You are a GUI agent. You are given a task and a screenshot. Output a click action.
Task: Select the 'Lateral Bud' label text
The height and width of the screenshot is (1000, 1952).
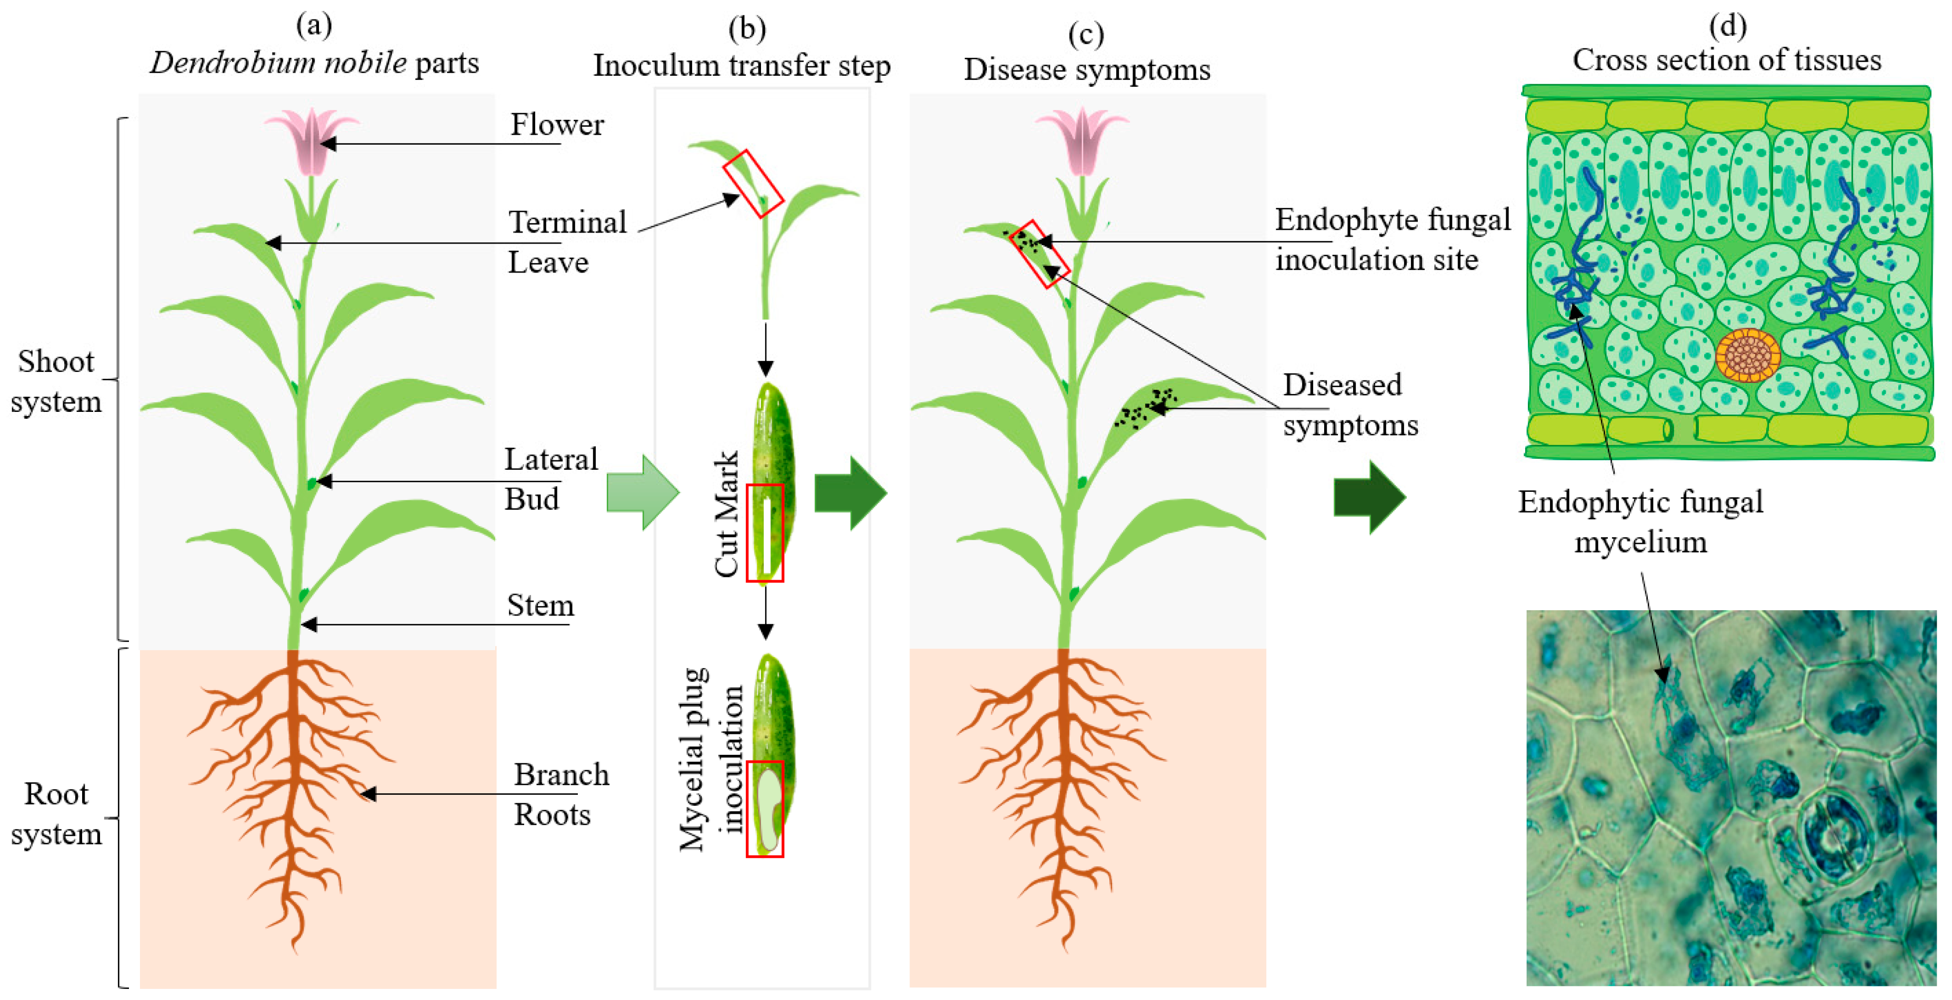tap(551, 479)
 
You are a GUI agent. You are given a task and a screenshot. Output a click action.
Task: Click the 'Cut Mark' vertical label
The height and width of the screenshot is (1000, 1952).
tap(726, 514)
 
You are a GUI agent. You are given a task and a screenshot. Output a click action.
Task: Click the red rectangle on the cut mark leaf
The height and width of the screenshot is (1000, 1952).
tap(765, 532)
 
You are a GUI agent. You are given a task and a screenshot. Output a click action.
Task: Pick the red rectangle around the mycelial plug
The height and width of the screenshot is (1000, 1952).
tap(765, 809)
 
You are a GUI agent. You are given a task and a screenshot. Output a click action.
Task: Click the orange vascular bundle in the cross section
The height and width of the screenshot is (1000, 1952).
tap(1748, 355)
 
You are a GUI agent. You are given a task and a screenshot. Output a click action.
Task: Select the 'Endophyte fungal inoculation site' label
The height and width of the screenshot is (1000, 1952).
tap(1392, 239)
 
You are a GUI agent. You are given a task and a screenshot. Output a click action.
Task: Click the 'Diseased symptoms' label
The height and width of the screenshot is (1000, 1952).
tap(1349, 405)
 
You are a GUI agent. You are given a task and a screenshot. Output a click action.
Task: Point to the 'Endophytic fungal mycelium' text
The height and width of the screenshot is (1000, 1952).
tap(1640, 522)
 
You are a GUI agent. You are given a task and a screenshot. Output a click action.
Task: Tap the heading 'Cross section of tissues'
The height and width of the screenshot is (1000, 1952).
tap(1726, 60)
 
